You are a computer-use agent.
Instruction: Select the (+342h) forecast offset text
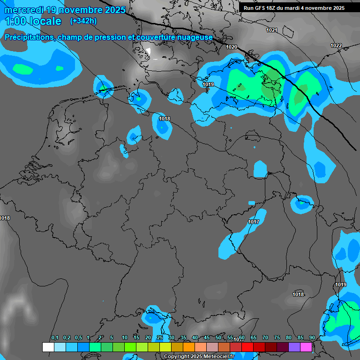point(83,21)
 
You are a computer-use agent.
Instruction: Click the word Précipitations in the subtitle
point(29,37)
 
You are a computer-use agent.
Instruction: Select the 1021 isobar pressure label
point(272,30)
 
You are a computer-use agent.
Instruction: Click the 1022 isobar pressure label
point(336,45)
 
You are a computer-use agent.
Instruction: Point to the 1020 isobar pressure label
point(232,47)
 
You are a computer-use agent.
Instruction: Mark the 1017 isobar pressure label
point(254,222)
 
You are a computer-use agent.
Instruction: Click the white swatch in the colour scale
point(48,347)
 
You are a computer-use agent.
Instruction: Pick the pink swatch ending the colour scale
point(306,347)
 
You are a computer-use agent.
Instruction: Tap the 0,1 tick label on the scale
point(55,338)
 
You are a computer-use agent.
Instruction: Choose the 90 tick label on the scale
point(312,338)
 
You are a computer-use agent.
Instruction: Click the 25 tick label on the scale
point(160,338)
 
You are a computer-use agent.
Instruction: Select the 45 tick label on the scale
point(207,338)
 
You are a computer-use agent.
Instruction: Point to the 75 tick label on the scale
point(277,338)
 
